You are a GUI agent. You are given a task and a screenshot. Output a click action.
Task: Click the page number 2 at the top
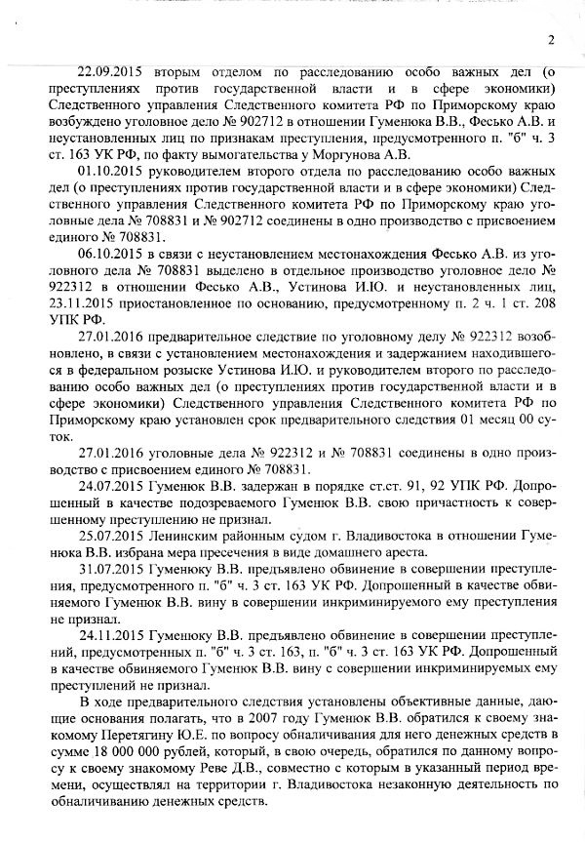coord(551,40)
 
